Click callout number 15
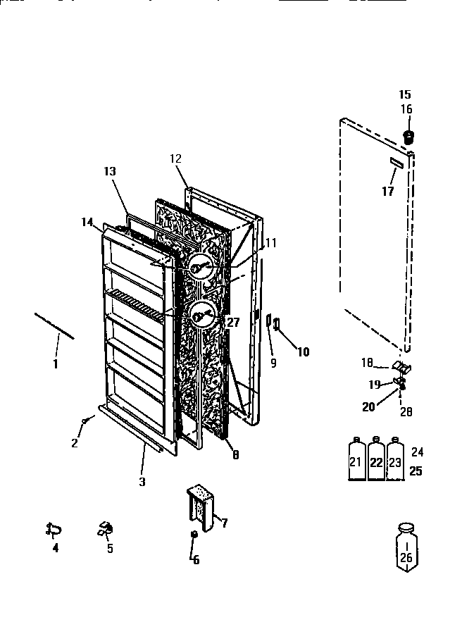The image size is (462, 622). [405, 94]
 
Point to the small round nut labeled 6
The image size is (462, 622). [192, 536]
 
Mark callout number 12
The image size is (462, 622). [175, 158]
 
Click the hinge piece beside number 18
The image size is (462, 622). [401, 366]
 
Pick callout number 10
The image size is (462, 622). [303, 352]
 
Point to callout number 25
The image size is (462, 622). [416, 471]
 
